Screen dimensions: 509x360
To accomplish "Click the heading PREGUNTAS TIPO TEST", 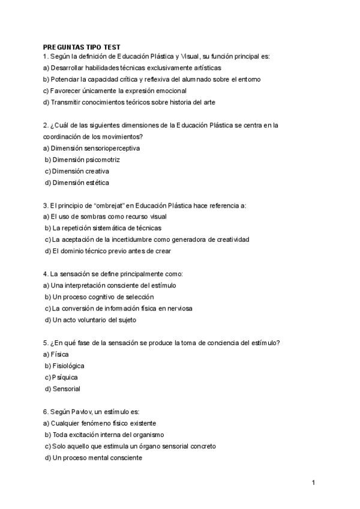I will (x=81, y=46).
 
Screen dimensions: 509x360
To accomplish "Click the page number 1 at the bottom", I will (x=313, y=482).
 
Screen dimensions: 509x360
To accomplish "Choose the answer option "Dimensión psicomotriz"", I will (x=86, y=160).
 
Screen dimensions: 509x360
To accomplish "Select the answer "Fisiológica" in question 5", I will (x=68, y=366).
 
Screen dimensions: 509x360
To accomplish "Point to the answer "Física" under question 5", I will (x=60, y=354).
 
